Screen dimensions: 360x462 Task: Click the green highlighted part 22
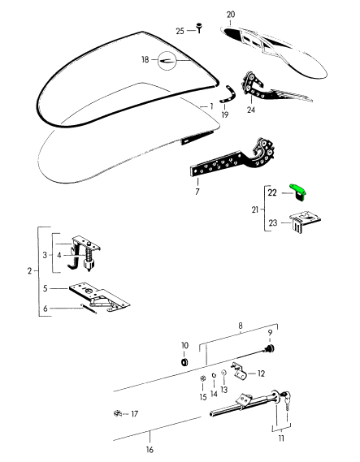pos(297,192)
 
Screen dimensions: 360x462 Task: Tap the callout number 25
pos(180,31)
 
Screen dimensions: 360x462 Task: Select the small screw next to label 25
pos(200,28)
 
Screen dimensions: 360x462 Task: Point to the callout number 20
pos(231,15)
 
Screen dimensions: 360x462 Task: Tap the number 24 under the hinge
pos(251,110)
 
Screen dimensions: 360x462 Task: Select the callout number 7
pos(197,192)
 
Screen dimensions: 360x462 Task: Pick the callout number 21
pos(255,209)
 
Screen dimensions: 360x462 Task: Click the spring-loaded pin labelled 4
pos(88,258)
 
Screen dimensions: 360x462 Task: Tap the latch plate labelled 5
pos(99,296)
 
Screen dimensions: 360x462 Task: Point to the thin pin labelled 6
pos(89,309)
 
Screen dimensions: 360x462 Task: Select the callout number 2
pos(29,270)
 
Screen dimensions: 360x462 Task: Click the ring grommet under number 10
pos(184,362)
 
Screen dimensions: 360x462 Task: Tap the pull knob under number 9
pos(270,349)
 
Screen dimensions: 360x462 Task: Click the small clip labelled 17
pos(118,413)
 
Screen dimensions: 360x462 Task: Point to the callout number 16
pos(150,450)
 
